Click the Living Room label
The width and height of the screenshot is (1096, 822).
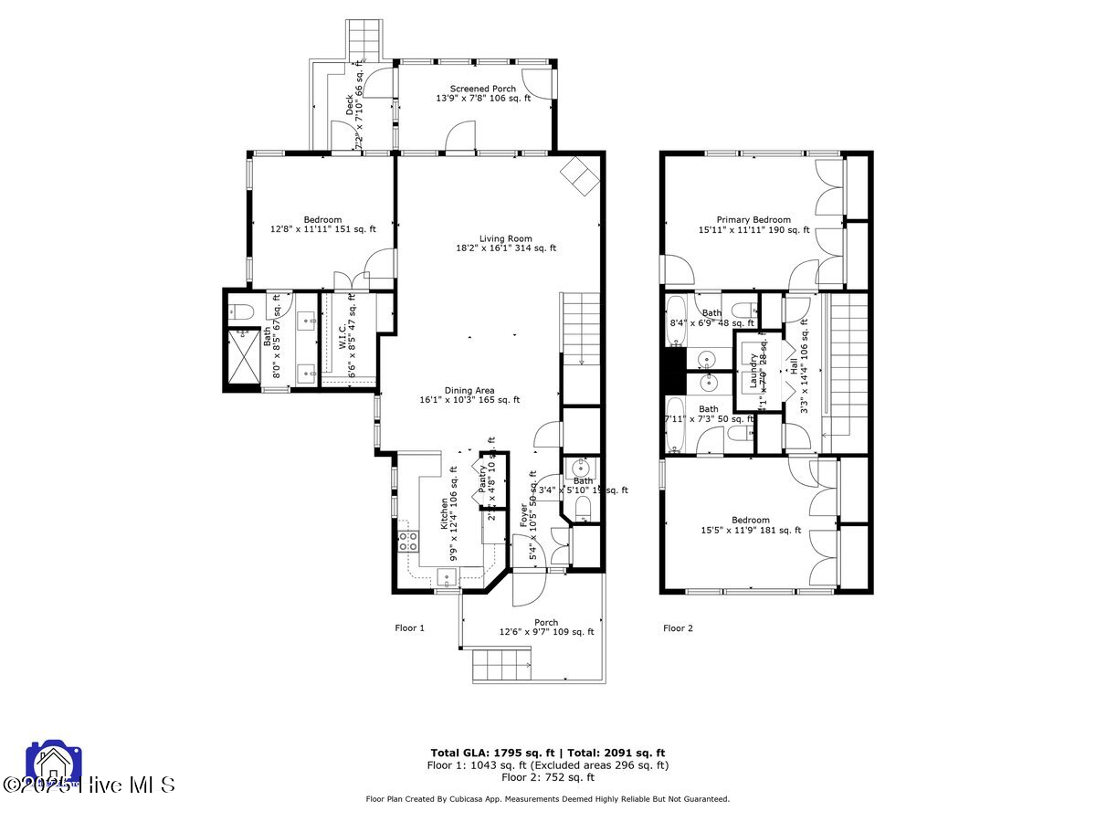pos(506,243)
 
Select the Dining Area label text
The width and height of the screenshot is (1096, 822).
pos(469,395)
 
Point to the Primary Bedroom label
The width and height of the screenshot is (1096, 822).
pos(753,225)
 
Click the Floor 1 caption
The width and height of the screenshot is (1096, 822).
pos(409,627)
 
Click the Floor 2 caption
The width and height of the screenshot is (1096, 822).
pos(678,627)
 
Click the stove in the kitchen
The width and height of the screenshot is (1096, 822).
pos(407,541)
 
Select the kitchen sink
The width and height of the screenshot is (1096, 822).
pos(448,575)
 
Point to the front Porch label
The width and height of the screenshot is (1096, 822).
pos(546,627)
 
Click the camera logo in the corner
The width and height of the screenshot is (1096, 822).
pos(55,764)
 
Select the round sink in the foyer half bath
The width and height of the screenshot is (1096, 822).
pos(581,469)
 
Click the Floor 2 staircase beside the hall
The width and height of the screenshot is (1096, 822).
pos(846,365)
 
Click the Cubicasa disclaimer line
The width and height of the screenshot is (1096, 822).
pos(547,799)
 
